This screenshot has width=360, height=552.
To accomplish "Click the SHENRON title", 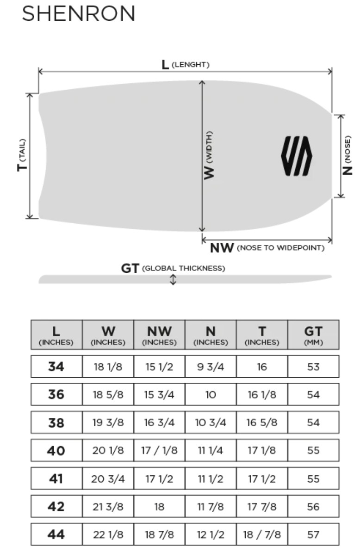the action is pyautogui.click(x=79, y=14).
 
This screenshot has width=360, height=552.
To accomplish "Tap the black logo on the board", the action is pyautogui.click(x=297, y=156).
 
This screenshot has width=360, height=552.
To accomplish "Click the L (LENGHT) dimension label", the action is pyautogui.click(x=185, y=64).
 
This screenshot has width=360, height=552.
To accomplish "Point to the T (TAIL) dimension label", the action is pyautogui.click(x=21, y=155).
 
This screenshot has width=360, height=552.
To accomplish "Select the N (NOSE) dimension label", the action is pyautogui.click(x=348, y=155).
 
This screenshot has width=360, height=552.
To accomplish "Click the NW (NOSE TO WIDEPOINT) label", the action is pyautogui.click(x=267, y=248).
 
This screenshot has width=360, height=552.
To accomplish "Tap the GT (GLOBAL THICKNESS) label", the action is pyautogui.click(x=173, y=268).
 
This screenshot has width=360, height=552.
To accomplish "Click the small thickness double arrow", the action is pyautogui.click(x=173, y=280).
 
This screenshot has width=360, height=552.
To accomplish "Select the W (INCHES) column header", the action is pyautogui.click(x=108, y=335).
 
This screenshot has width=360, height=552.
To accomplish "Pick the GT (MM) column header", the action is pyautogui.click(x=313, y=335).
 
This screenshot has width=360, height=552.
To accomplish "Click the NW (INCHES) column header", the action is pyautogui.click(x=159, y=335).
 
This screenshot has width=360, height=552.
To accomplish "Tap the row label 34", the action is pyautogui.click(x=56, y=367).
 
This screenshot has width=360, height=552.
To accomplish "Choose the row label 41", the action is pyautogui.click(x=56, y=478).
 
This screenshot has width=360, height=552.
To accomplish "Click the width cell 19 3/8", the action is pyautogui.click(x=108, y=423).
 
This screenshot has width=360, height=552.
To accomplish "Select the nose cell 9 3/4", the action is pyautogui.click(x=211, y=367).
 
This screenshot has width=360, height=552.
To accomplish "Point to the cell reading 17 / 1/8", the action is pyautogui.click(x=159, y=451).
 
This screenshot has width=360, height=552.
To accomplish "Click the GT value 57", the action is pyautogui.click(x=313, y=535).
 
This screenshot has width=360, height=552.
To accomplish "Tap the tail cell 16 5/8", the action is pyautogui.click(x=262, y=423).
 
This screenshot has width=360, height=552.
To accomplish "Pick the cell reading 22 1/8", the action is pyautogui.click(x=108, y=535).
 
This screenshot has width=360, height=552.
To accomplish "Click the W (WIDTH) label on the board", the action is pyautogui.click(x=209, y=155).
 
